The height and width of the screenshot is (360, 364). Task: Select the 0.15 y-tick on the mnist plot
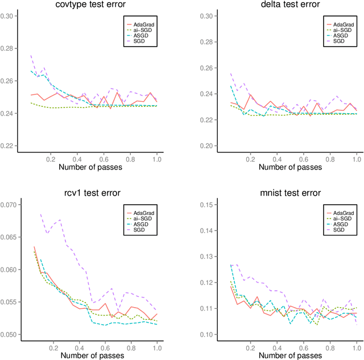[x=190, y=204]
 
